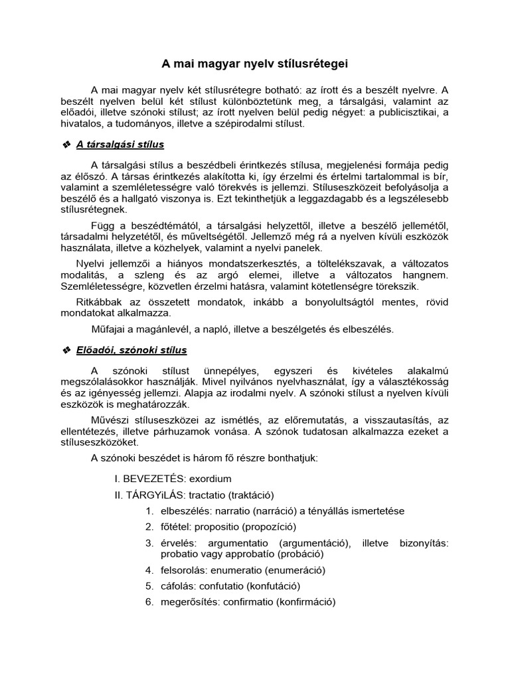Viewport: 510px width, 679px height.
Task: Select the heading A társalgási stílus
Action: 121,144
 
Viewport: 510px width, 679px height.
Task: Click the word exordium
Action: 211,478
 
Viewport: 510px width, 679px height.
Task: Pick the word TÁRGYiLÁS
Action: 155,495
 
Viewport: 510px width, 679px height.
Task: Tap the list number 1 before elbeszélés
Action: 149,511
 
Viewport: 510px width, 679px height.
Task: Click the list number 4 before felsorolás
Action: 149,570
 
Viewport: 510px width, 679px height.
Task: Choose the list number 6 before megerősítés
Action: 149,602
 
